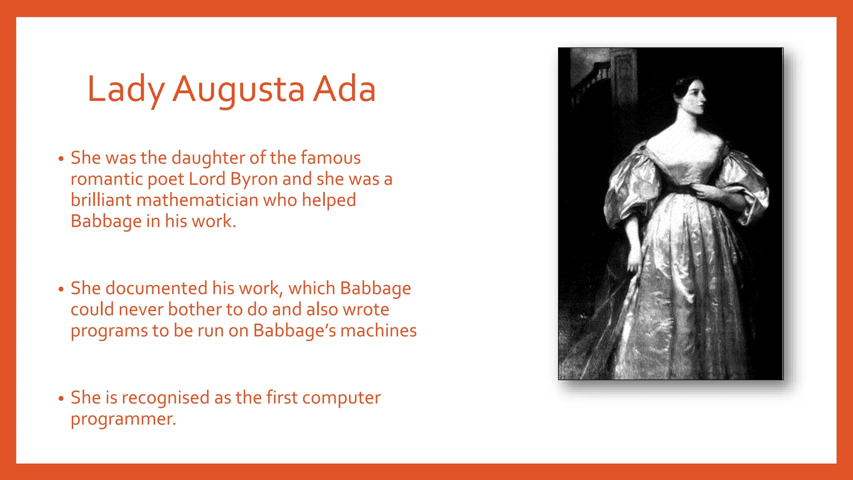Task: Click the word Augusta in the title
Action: [x=239, y=90]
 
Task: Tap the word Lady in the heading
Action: [x=126, y=90]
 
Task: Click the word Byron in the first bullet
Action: [x=254, y=179]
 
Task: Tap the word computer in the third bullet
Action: [x=341, y=398]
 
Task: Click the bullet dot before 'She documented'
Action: [x=61, y=289]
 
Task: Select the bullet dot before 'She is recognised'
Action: [x=61, y=399]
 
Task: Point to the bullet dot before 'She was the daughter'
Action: [x=61, y=159]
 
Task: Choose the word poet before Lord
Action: [x=165, y=180]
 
